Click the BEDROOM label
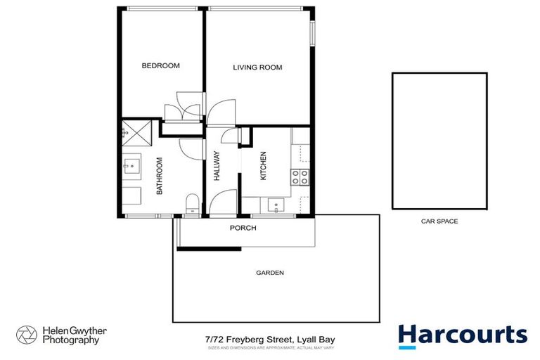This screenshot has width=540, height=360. point(160,66)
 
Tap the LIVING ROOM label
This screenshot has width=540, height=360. point(257,67)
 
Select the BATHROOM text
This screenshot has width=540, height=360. point(160,176)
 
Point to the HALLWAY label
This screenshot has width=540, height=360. point(217,167)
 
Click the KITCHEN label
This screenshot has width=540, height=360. point(264,167)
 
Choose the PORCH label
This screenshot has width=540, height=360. point(243,229)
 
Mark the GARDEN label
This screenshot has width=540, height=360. point(270,273)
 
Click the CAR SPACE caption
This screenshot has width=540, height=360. point(439,221)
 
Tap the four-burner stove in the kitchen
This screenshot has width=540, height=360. point(300,177)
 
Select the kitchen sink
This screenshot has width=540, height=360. point(276,205)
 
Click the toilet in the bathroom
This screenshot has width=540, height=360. point(191,205)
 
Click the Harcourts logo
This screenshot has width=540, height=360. point(462,336)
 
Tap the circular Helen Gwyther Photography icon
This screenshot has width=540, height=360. point(27,335)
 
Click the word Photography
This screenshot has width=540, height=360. point(69,341)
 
